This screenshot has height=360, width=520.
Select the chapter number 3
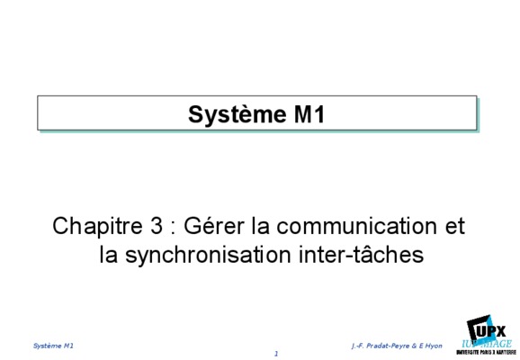pos(156,226)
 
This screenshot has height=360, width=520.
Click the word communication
pos(356,226)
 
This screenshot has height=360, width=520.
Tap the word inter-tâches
pos(361,255)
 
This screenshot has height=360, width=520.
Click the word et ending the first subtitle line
pos(454,227)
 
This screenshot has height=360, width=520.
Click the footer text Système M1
pos(53,346)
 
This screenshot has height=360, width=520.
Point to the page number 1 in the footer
pos(276,354)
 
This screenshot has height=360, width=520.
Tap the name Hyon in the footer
pos(434,346)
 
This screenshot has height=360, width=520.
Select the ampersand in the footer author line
pos(414,346)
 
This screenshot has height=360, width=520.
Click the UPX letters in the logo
pos(491,331)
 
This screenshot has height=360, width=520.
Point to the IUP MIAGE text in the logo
pos(487,344)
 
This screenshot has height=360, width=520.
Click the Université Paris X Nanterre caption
pos(486,352)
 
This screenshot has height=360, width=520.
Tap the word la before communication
pos(260,226)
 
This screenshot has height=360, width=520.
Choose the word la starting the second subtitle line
pos(109,255)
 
